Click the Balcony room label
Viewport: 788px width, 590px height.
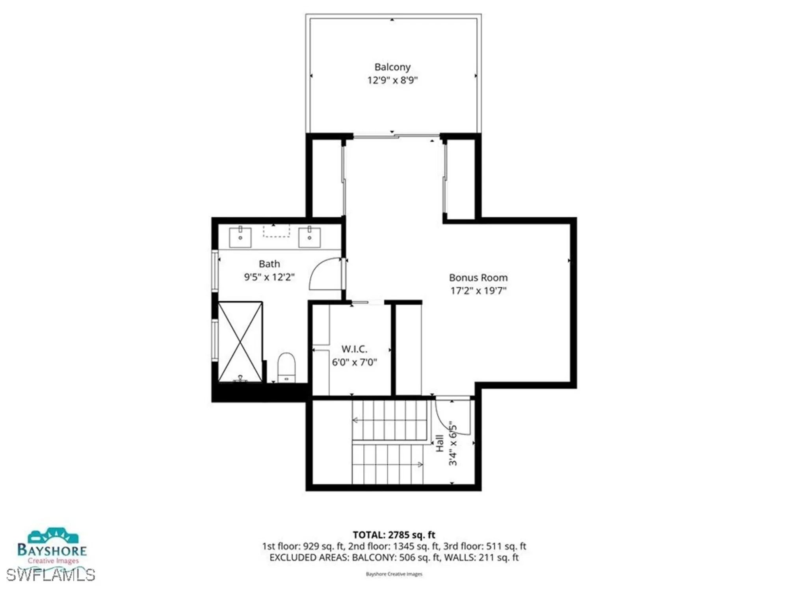[392, 67]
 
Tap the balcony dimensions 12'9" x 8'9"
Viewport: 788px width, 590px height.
[392, 80]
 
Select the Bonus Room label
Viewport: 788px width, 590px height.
[478, 278]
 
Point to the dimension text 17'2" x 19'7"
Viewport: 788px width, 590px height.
[478, 291]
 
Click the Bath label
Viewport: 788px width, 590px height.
[269, 264]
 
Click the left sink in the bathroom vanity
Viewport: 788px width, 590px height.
[240, 237]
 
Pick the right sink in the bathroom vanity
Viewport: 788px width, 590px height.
[309, 237]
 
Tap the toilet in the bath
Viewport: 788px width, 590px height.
[286, 367]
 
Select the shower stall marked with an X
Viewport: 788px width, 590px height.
[240, 341]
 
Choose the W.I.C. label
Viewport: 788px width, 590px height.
[354, 349]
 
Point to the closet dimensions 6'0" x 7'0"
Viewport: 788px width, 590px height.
[354, 362]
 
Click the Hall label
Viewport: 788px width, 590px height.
[440, 443]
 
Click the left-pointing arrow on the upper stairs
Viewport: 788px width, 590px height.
[355, 420]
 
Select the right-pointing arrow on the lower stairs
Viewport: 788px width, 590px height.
[420, 465]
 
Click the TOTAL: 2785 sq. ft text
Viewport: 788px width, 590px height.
[394, 535]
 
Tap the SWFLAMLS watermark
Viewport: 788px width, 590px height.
[50, 575]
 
